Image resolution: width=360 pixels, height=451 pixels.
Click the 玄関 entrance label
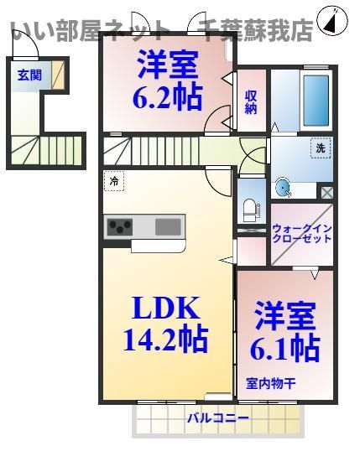coord(29,75)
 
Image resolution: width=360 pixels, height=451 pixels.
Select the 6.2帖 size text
coord(167,97)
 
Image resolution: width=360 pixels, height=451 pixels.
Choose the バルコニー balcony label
coord(217,417)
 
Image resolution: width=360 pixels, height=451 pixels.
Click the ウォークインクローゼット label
coord(301,232)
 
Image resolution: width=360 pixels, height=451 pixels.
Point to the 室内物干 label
coord(270,384)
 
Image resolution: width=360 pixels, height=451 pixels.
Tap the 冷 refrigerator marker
coord(112,179)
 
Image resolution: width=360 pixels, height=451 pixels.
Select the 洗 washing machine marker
coord(320,148)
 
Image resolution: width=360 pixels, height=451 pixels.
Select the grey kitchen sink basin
coord(168,225)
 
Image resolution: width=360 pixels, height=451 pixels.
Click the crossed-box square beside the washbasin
coord(326,192)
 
